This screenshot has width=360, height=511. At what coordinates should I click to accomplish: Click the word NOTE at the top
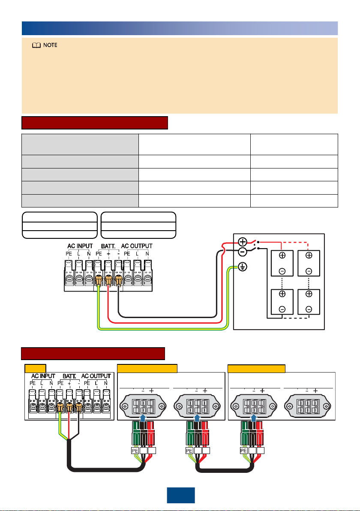pyautogui.click(x=50, y=45)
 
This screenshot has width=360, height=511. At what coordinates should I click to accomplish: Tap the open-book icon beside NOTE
pyautogui.click(x=36, y=45)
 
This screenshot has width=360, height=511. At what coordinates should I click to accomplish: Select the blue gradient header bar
pyautogui.click(x=180, y=28)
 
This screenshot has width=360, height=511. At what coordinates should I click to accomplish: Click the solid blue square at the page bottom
pyautogui.click(x=181, y=496)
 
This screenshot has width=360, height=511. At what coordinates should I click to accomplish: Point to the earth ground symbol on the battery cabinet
pyautogui.click(x=243, y=267)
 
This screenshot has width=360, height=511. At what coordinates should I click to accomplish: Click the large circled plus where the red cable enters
pyautogui.click(x=243, y=242)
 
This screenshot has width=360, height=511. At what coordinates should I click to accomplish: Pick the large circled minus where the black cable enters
pyautogui.click(x=243, y=252)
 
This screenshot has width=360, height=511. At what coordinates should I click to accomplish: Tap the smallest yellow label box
pyautogui.click(x=35, y=368)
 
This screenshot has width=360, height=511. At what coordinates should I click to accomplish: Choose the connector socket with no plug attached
pyautogui.click(x=308, y=406)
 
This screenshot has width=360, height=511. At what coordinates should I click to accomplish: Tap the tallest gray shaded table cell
pyautogui.click(x=80, y=144)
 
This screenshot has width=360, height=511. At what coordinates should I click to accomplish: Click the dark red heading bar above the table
pyautogui.click(x=95, y=123)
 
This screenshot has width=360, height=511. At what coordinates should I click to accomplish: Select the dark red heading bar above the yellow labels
pyautogui.click(x=93, y=354)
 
